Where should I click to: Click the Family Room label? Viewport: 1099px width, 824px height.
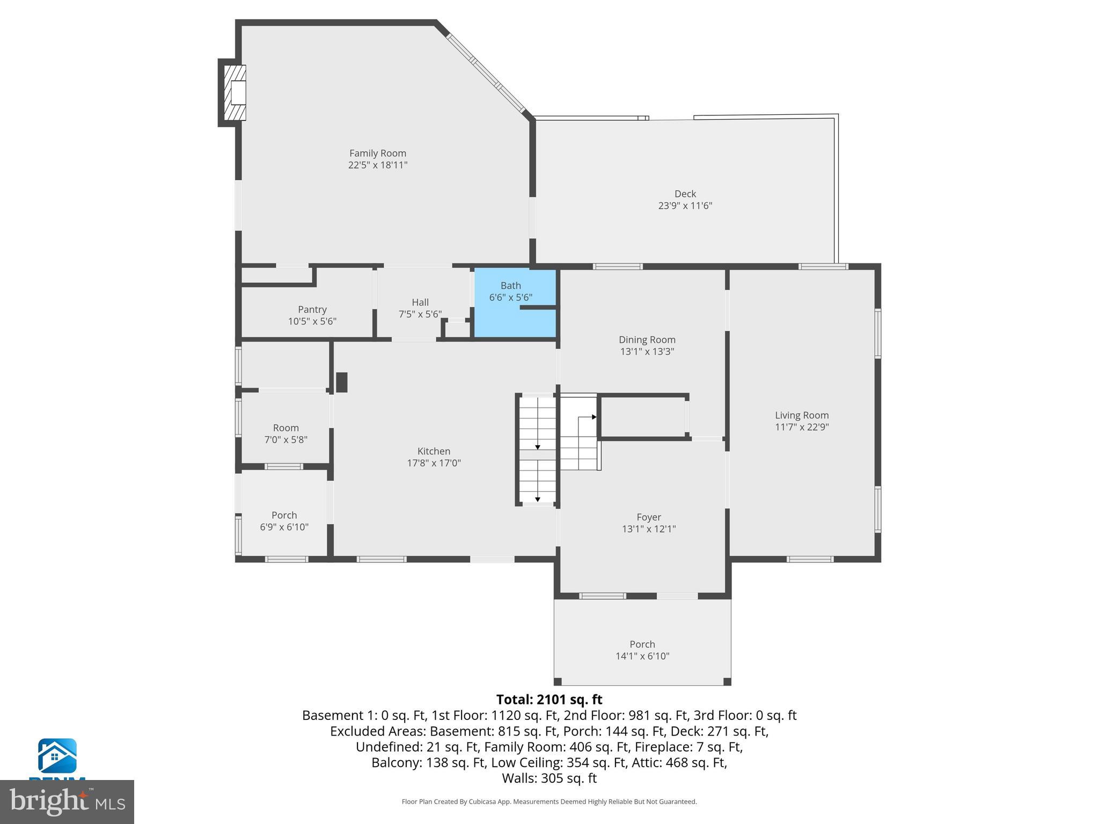(x=377, y=153)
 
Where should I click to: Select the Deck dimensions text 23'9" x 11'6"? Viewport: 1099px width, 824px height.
(x=685, y=205)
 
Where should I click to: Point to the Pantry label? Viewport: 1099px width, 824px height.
(x=312, y=310)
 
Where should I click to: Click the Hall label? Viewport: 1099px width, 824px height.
(x=420, y=303)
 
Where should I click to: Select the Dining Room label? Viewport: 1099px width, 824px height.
(x=647, y=340)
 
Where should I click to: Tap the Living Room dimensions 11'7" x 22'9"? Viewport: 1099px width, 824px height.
(x=802, y=427)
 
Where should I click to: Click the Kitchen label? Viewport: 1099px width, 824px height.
(x=434, y=451)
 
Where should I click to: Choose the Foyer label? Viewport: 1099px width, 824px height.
(x=648, y=517)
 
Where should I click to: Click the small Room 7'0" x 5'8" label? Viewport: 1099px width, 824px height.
(x=285, y=428)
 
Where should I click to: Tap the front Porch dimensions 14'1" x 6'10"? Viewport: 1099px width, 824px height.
(x=642, y=656)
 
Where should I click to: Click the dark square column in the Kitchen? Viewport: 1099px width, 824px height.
(x=341, y=382)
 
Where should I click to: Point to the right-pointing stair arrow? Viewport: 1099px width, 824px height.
(x=594, y=417)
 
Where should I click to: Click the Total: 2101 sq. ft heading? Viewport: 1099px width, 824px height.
(x=549, y=700)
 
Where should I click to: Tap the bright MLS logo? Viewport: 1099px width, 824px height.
(x=67, y=801)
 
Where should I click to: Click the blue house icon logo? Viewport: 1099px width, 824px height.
(x=57, y=756)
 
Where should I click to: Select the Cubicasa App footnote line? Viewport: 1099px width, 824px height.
(x=549, y=801)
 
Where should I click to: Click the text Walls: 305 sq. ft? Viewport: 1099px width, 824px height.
(x=549, y=778)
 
